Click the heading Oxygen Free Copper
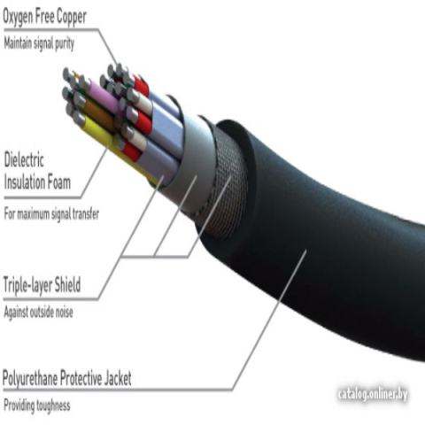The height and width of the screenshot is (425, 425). click(44, 17)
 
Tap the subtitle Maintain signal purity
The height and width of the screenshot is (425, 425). click(39, 43)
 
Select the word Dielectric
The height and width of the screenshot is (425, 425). click(24, 160)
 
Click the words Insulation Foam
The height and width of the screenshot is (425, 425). click(37, 182)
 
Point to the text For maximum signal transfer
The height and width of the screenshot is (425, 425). click(51, 213)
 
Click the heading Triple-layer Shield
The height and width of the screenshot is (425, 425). click(42, 285)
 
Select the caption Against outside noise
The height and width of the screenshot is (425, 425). click(38, 312)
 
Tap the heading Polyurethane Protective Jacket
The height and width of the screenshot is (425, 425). click(66, 378)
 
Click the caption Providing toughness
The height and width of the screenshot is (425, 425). click(37, 405)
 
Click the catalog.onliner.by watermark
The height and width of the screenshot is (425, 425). click(373, 394)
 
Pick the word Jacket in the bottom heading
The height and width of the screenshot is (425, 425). click(117, 378)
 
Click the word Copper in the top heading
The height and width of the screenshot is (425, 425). click(72, 17)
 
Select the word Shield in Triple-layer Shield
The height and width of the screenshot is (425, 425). click(67, 284)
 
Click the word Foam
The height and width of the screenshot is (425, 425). click(59, 182)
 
